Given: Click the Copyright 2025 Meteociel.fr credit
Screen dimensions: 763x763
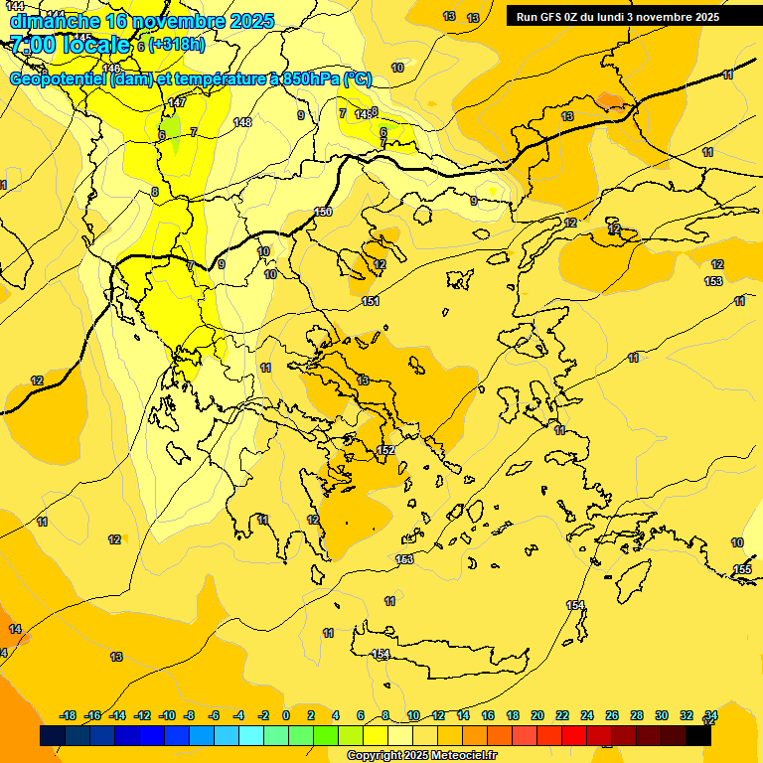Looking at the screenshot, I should (x=421, y=756).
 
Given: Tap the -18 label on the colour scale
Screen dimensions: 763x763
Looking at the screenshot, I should (x=69, y=715).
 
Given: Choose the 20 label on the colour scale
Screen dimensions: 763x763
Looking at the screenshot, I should (x=537, y=715).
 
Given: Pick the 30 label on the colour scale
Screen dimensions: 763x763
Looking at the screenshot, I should (x=662, y=715).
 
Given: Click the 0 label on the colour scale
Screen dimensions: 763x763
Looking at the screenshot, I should (x=286, y=715).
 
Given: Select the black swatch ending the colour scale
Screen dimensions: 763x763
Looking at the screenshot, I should (x=698, y=736).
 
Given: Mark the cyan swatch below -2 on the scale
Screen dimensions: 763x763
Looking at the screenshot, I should (x=251, y=736).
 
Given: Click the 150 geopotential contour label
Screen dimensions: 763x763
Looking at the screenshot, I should (x=323, y=212).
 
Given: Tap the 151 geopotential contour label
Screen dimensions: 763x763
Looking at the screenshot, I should (x=371, y=301).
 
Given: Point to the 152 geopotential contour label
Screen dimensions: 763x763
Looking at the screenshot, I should (x=386, y=450).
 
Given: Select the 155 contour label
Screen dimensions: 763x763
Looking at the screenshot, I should (x=742, y=569).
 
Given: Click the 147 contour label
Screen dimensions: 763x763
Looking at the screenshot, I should (x=177, y=102).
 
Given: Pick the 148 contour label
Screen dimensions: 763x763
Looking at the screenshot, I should (x=242, y=122).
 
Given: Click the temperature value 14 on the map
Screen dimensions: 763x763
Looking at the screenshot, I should (x=15, y=629).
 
